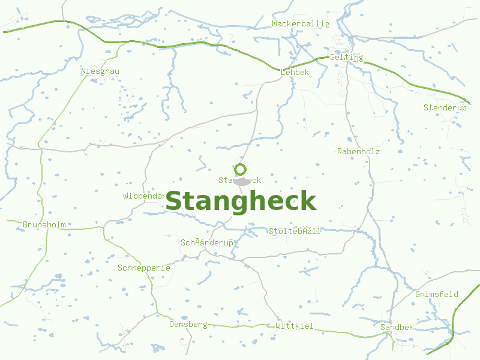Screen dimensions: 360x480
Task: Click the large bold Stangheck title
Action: tap(241, 201)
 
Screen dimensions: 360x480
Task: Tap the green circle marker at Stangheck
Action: tap(241, 169)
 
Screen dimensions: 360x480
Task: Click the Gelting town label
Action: tap(346, 58)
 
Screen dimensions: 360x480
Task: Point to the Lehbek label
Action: tap(295, 72)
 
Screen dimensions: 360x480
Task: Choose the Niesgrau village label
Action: tap(100, 71)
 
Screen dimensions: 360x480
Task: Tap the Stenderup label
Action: tap(445, 107)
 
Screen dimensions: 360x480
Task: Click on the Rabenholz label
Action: tap(358, 152)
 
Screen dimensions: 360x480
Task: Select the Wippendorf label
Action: tap(144, 196)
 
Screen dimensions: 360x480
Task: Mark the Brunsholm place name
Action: tap(44, 225)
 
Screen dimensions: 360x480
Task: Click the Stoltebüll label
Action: tap(295, 231)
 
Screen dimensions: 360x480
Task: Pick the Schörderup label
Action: tap(207, 242)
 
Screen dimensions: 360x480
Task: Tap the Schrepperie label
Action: tap(144, 268)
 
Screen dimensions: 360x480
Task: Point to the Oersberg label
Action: tap(188, 325)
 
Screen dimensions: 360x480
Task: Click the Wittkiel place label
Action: tap(295, 326)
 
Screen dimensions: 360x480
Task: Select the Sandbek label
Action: tap(397, 327)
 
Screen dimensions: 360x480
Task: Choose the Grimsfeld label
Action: tap(436, 294)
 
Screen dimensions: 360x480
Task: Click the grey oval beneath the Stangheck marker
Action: tap(242, 182)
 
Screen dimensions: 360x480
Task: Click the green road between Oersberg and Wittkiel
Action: tap(240, 326)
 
